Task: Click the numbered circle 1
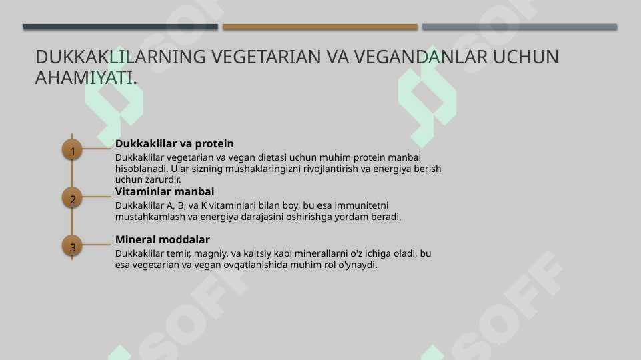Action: [72, 151]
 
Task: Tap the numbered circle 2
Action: [72, 198]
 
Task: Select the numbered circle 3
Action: [72, 246]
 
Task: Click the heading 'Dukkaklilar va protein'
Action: [174, 143]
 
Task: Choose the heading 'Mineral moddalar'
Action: [162, 239]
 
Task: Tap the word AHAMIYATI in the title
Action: [85, 77]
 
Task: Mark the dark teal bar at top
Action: [120, 27]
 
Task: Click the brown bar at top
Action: [319, 27]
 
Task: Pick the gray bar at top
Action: [519, 27]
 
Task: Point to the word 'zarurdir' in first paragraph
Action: [163, 179]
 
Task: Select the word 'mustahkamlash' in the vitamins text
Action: [146, 217]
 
